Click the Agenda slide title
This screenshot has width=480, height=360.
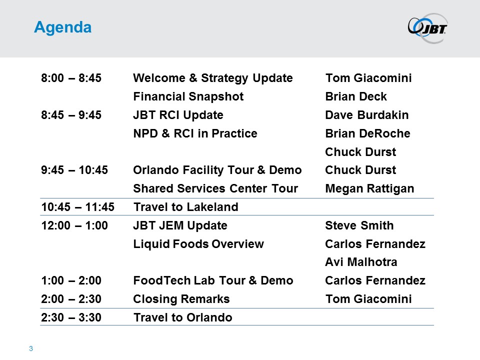coord(63,27)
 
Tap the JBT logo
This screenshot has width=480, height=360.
coord(428,28)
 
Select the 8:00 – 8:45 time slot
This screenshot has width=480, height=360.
coord(71,78)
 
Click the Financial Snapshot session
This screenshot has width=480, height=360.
coord(188,96)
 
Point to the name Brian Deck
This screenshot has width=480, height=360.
coord(356,96)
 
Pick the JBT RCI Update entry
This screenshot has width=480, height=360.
coord(178,115)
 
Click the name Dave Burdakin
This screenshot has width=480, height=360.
coord(366,115)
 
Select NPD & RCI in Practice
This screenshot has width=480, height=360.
coord(195,133)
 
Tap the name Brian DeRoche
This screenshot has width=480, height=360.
coord(367,133)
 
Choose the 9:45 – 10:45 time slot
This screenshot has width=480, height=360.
coord(74,170)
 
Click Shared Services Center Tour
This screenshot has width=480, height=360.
coord(215,188)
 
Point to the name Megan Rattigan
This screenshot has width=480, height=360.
coord(369,189)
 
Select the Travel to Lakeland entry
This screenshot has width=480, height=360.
coord(186,207)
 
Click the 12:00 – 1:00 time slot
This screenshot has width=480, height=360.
coord(74,225)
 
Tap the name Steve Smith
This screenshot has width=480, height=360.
coord(359,225)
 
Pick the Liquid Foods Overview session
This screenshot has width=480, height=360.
coord(198,244)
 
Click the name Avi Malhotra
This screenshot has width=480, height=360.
coord(361,262)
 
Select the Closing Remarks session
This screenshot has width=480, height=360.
coord(181,299)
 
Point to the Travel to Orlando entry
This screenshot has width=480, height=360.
coord(183,317)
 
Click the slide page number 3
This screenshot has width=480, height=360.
coord(31,348)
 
